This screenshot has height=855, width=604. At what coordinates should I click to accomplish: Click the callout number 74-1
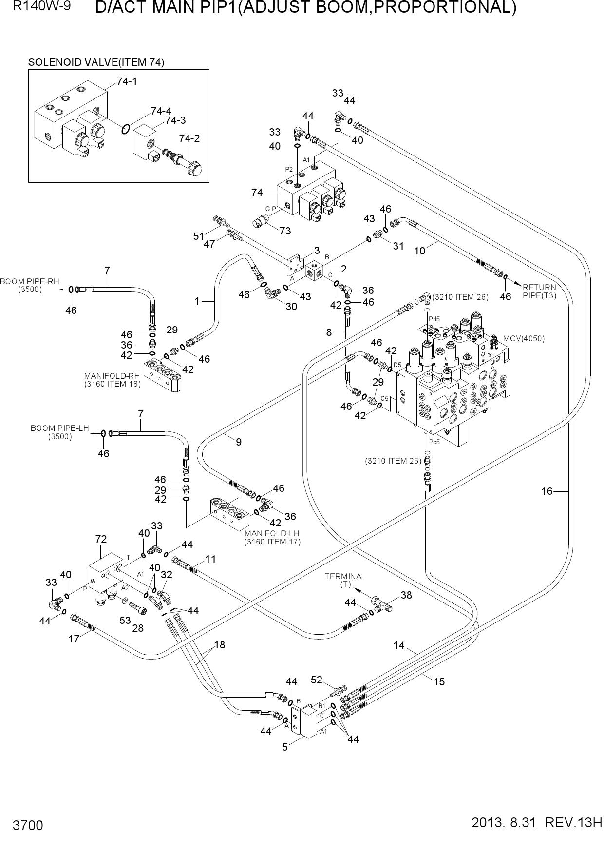click(x=127, y=81)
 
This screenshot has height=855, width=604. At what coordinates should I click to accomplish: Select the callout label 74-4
click(x=161, y=111)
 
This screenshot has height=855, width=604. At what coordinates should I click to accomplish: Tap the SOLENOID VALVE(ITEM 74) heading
click(x=96, y=62)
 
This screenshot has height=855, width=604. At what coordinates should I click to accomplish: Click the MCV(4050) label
click(x=524, y=339)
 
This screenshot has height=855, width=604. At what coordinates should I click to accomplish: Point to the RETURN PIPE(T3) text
click(x=539, y=291)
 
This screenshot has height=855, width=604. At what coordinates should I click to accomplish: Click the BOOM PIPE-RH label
click(x=30, y=285)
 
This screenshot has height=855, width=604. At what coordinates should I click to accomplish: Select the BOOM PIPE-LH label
click(x=60, y=432)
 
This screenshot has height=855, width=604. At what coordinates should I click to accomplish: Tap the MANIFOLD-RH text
click(x=113, y=380)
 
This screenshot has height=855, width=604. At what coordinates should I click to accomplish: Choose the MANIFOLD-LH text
click(x=273, y=537)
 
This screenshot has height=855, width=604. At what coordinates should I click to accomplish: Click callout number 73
click(x=285, y=231)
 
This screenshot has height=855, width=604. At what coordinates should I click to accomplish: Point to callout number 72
click(x=101, y=539)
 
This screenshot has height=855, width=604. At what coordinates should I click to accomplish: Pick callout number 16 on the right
click(x=547, y=491)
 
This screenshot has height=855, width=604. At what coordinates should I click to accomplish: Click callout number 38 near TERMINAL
click(x=406, y=595)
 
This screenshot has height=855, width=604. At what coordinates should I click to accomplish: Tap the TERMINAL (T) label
click(x=345, y=580)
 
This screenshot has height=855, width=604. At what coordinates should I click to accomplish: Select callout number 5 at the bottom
click(x=285, y=747)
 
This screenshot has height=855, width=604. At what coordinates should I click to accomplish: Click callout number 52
click(x=317, y=680)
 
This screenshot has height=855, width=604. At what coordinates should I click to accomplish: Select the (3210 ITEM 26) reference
click(x=460, y=297)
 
